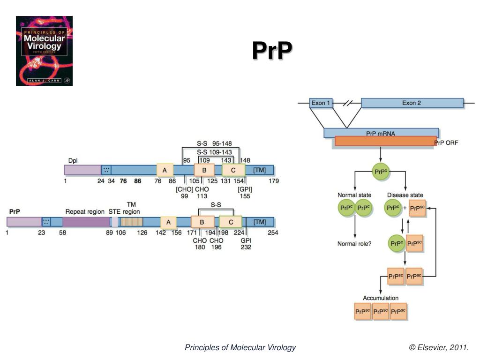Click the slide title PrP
click(272, 51)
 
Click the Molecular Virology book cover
click(44, 51)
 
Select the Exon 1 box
click(321, 103)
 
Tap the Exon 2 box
click(412, 103)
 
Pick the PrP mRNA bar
click(381, 133)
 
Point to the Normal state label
click(354, 195)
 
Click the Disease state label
click(405, 195)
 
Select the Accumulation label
click(381, 298)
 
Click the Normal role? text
click(354, 244)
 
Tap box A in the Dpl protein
click(165, 170)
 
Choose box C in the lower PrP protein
click(231, 222)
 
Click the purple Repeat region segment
click(86, 222)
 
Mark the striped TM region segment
click(131, 222)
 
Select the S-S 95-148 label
click(214, 143)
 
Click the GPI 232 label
click(246, 244)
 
